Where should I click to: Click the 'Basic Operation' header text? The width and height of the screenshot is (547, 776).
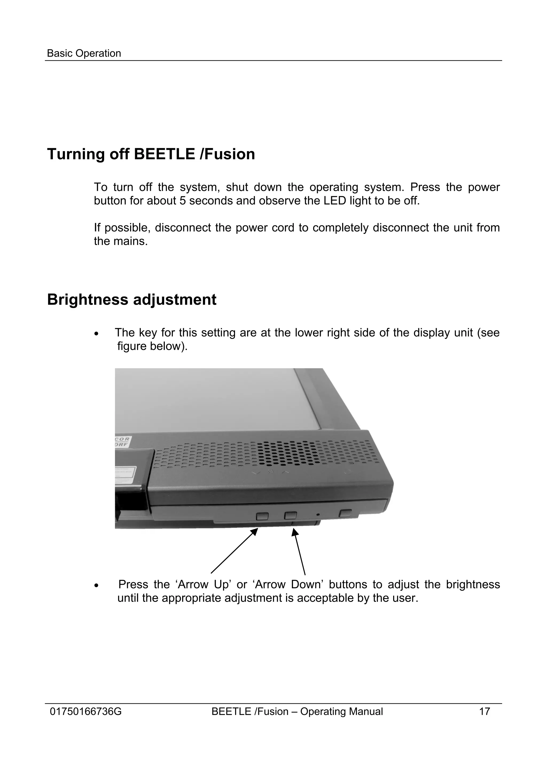[x=84, y=53]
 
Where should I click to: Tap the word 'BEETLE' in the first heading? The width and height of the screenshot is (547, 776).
[x=164, y=154]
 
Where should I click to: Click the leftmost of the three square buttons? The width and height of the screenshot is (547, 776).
[x=262, y=516]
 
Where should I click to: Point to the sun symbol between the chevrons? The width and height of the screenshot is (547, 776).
[x=271, y=472]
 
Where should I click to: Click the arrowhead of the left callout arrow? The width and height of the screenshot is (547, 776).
[x=255, y=531]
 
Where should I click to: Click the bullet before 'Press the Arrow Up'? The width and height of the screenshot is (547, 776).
[x=97, y=585]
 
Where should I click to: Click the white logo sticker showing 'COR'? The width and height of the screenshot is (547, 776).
[x=123, y=441]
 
